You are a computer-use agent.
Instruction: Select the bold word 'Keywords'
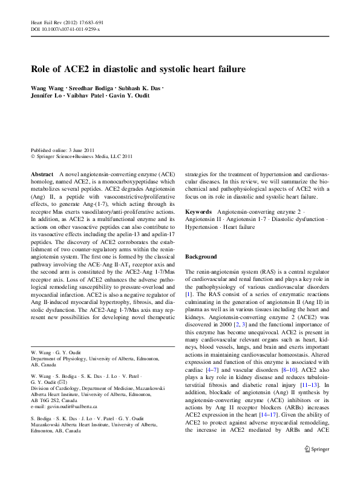pyautogui.click(x=198, y=212)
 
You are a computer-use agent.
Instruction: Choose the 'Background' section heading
pyautogui.click(x=201, y=257)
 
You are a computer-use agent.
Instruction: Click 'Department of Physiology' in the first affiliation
pyautogui.click(x=62, y=358)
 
